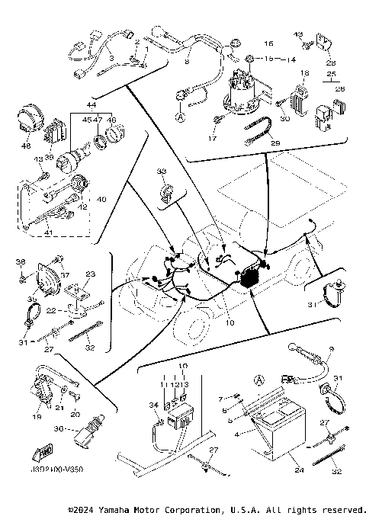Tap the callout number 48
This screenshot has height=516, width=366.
point(26,146)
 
